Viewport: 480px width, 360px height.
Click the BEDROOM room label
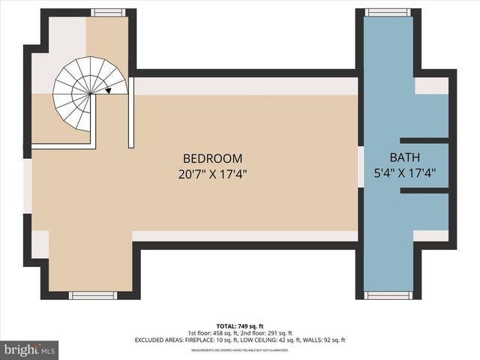click(213, 158)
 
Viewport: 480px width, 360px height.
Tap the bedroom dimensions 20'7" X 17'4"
click(213, 173)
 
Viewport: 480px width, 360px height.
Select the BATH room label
click(405, 158)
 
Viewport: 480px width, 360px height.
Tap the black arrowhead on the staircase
click(109, 91)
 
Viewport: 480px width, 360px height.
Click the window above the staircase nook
click(106, 12)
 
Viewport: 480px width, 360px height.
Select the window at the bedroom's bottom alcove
click(92, 295)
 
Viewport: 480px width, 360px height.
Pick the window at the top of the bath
click(388, 12)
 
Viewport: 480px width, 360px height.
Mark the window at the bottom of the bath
click(388, 295)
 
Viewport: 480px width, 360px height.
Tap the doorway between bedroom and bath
click(361, 165)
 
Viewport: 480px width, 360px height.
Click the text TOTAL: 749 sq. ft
click(239, 325)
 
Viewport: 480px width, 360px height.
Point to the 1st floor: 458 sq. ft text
click(212, 333)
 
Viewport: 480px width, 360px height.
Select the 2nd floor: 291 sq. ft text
click(267, 333)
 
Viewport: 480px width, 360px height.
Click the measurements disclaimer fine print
click(239, 350)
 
